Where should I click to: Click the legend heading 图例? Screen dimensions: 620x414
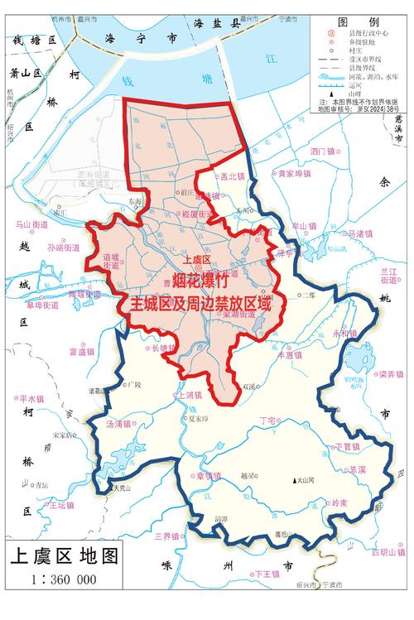(x=363, y=22)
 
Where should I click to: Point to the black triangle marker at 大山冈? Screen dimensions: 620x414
(x=294, y=481)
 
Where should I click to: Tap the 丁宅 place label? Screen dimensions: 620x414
(x=268, y=421)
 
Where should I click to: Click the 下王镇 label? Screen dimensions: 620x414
(x=267, y=574)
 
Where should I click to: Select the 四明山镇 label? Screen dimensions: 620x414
(x=387, y=552)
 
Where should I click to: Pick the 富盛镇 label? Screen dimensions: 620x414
(x=84, y=352)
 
